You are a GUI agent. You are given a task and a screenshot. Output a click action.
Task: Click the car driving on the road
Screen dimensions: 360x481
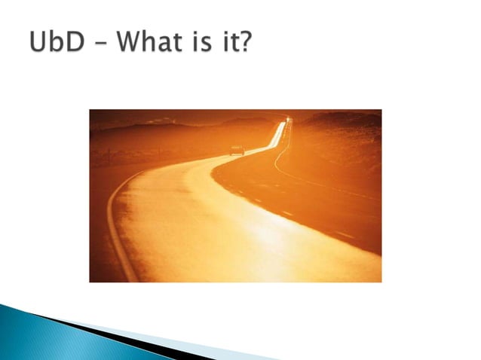[x=237, y=150]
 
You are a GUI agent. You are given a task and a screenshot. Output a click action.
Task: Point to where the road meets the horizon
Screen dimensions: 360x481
[x=287, y=120]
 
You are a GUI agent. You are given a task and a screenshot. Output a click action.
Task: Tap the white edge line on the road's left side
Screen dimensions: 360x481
[x=113, y=226]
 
